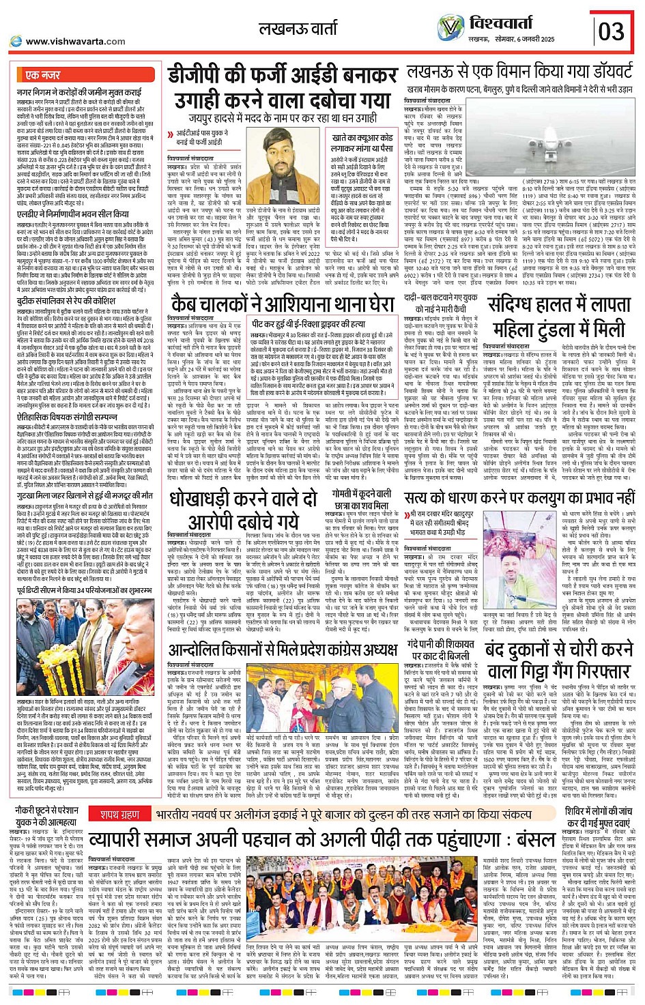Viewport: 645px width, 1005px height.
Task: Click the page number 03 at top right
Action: point(611,31)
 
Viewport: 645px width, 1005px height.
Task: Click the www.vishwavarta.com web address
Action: point(75,41)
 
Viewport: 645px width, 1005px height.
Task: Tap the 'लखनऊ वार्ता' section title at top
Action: point(298,29)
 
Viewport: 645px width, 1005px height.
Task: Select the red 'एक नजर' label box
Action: point(44,74)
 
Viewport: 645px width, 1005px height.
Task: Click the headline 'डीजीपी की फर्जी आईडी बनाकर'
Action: point(283,76)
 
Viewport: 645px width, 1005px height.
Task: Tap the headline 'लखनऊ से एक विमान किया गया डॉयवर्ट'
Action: point(519,73)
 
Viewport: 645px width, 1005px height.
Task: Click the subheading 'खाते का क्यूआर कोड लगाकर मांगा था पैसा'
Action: point(362,143)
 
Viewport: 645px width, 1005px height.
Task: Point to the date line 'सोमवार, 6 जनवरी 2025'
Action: point(529,40)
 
